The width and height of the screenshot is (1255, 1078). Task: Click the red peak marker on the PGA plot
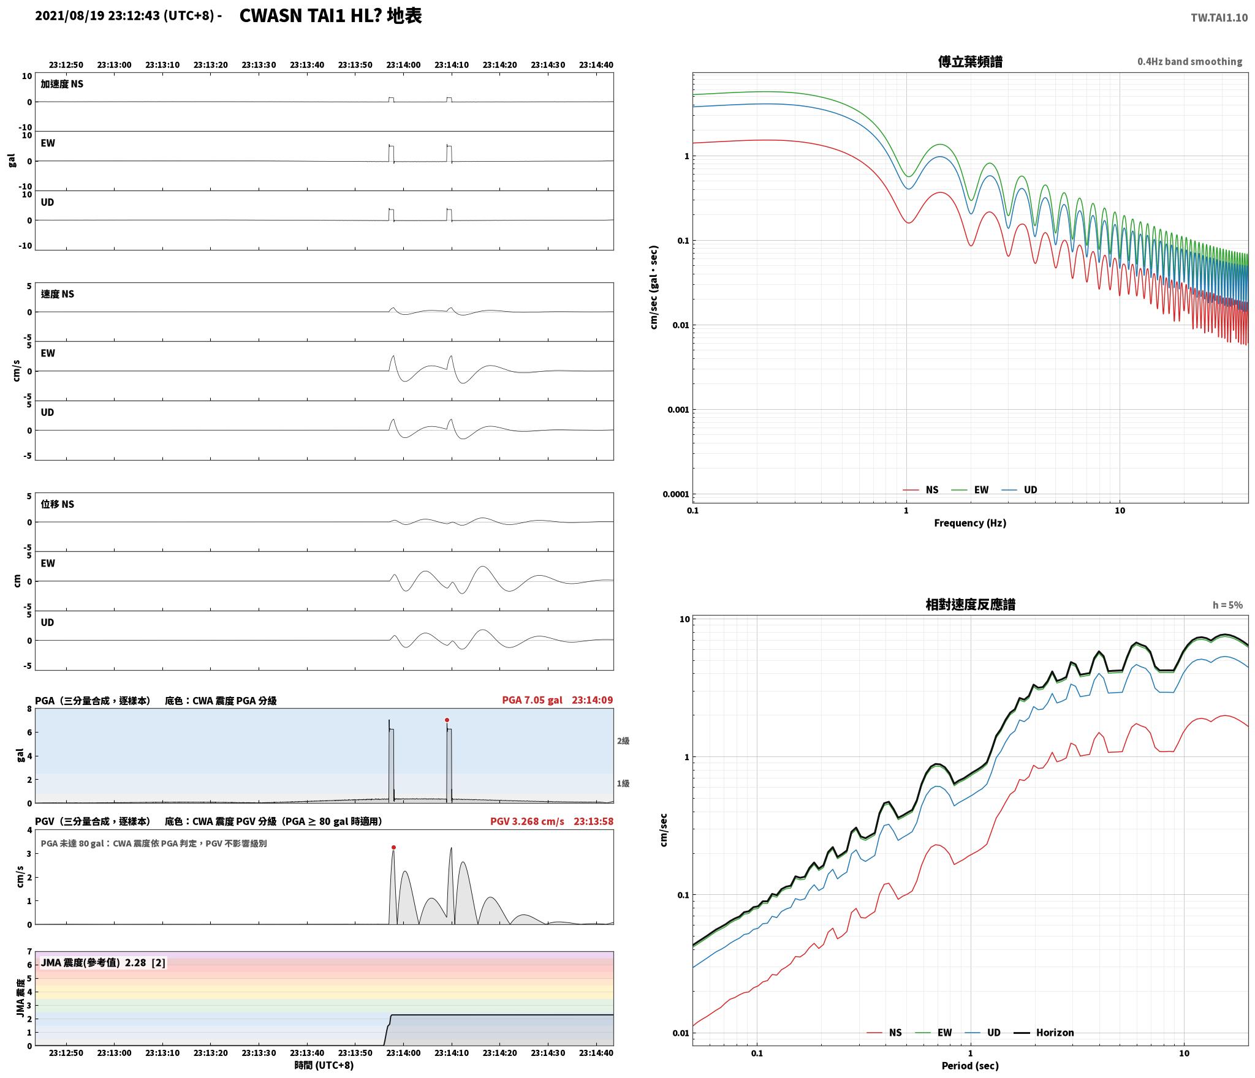[447, 720]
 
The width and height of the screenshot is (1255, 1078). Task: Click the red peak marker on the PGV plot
[393, 848]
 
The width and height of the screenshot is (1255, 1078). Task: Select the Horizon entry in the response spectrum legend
[1055, 1033]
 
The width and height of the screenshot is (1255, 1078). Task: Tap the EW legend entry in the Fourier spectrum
[981, 490]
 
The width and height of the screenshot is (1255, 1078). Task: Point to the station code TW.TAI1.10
[1219, 18]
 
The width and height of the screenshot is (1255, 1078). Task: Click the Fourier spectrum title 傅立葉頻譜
[970, 62]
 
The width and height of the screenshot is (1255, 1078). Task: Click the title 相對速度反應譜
[970, 605]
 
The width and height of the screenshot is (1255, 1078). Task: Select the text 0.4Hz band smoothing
[1189, 62]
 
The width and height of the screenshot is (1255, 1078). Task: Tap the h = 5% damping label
[1227, 605]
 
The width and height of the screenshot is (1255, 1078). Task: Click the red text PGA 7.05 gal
[532, 700]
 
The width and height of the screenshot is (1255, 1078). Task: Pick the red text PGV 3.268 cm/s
[527, 821]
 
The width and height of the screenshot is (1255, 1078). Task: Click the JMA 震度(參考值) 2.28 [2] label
[103, 963]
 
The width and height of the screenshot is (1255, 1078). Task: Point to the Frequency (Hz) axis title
[970, 523]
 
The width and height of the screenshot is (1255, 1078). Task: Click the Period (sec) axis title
[970, 1066]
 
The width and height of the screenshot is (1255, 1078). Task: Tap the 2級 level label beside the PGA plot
[623, 741]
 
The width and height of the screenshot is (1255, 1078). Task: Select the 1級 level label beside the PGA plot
[623, 783]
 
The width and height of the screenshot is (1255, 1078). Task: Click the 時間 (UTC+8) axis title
[324, 1065]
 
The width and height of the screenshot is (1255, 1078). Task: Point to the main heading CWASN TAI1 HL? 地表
[330, 16]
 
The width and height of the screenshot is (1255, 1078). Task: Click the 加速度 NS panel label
[62, 84]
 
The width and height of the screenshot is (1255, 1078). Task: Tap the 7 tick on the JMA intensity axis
[29, 951]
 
